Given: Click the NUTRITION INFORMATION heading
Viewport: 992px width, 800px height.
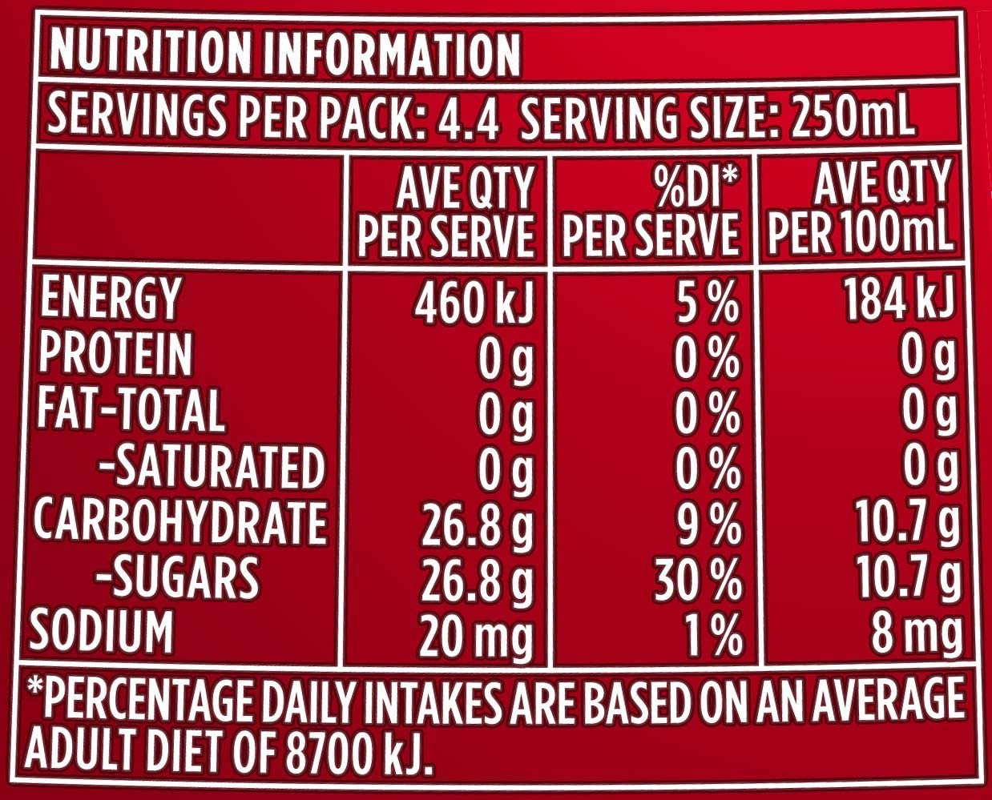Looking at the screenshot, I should [284, 54].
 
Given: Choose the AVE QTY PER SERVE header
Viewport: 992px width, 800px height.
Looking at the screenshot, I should [446, 211].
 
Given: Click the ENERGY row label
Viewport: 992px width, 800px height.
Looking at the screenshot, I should [109, 298].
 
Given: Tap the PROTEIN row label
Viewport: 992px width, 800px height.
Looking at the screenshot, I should [115, 354].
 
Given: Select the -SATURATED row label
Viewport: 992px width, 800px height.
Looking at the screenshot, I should [211, 467].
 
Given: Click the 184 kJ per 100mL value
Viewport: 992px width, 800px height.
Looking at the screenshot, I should [900, 299].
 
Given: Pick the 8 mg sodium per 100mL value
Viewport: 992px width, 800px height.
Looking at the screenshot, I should [915, 633].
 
